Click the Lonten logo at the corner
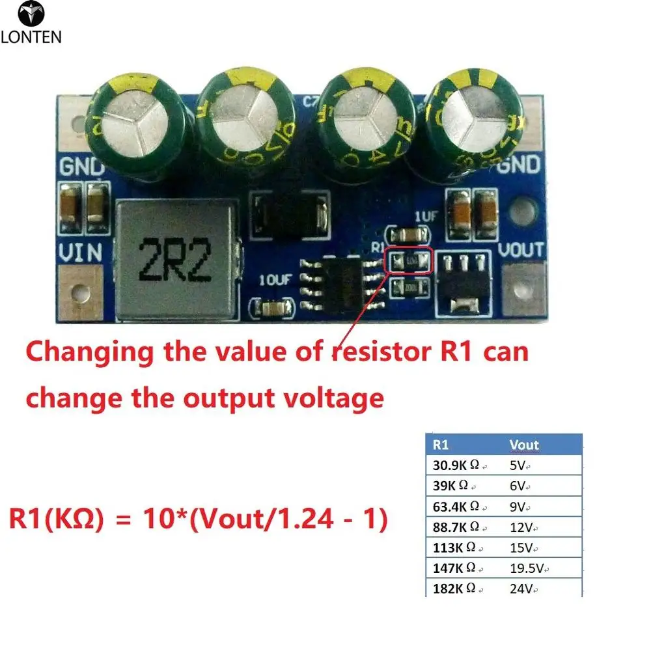[31, 23]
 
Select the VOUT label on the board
[521, 249]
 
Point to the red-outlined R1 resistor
[409, 262]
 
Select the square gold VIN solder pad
[81, 290]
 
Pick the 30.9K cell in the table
[456, 465]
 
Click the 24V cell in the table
[523, 590]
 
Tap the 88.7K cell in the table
[456, 527]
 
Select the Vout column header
[524, 445]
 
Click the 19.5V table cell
[527, 569]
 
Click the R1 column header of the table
[441, 445]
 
